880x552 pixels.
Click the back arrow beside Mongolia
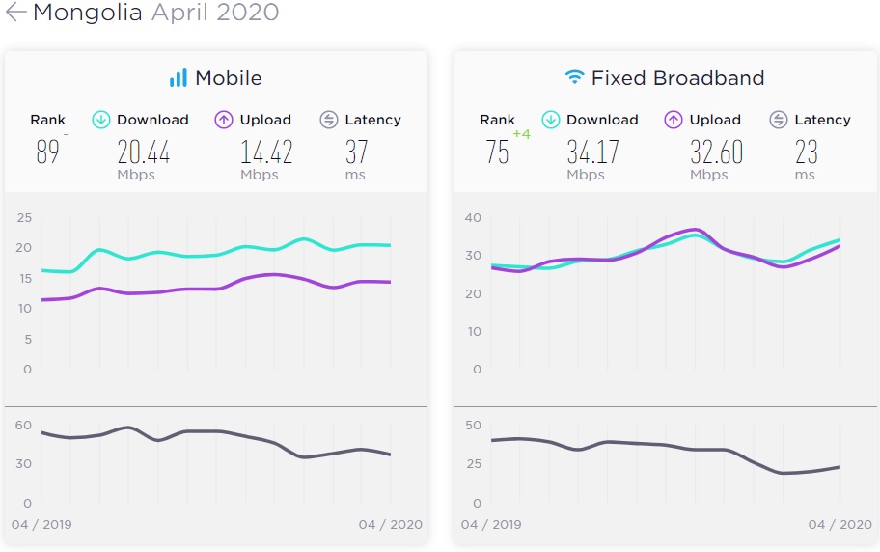(x=15, y=13)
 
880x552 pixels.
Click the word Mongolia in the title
(x=88, y=13)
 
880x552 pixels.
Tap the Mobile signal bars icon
(x=179, y=78)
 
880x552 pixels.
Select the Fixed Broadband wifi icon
(x=575, y=77)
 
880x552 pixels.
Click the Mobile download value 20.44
(x=144, y=152)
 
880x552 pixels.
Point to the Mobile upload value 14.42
(x=266, y=152)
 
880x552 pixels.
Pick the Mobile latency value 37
(x=357, y=152)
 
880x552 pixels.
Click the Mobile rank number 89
(x=47, y=152)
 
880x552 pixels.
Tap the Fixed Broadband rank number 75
(x=498, y=152)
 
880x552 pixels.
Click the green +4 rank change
(x=521, y=134)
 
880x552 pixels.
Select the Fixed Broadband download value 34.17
(x=593, y=152)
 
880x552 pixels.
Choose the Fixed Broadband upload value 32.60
(x=716, y=152)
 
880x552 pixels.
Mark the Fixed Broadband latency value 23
(x=807, y=152)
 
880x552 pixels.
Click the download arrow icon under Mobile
(x=101, y=120)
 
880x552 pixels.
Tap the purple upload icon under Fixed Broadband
(x=674, y=120)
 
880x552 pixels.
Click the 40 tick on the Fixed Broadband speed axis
(x=473, y=217)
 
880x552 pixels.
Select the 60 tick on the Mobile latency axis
(x=23, y=425)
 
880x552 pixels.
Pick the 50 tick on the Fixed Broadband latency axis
(x=473, y=425)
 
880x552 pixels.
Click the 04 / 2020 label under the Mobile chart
(x=390, y=525)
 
